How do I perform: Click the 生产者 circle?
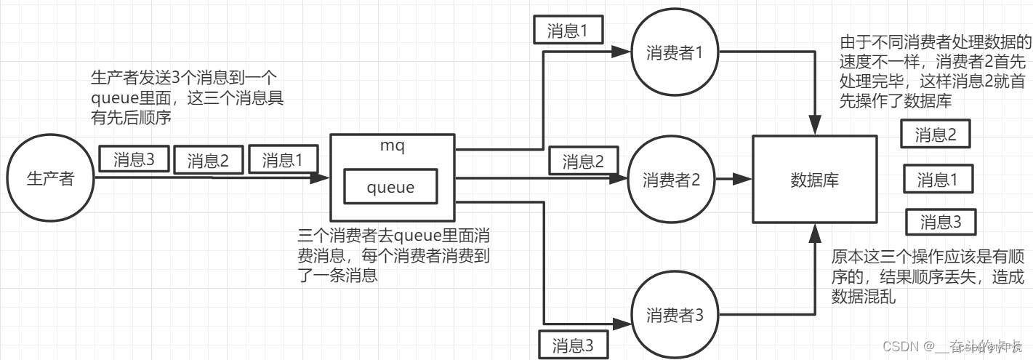click(x=49, y=178)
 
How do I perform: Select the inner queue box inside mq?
click(x=390, y=188)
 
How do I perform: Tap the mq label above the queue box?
click(x=392, y=145)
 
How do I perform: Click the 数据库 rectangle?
click(x=813, y=180)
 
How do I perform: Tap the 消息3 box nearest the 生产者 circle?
click(x=133, y=159)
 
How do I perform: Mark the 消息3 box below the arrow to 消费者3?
click(x=573, y=345)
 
